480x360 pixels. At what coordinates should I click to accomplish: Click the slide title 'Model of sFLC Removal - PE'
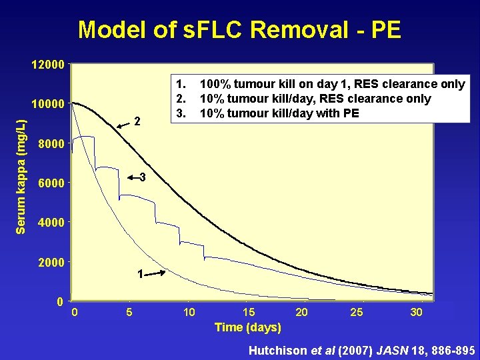point(239,30)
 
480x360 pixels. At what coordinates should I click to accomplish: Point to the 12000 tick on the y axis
point(48,65)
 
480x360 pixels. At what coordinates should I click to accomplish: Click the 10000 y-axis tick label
point(48,104)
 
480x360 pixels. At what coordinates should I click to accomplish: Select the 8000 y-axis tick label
point(51,144)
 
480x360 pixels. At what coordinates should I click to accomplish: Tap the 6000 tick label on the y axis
point(51,183)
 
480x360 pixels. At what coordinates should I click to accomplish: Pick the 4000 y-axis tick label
point(51,223)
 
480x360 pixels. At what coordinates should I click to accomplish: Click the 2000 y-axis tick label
point(51,262)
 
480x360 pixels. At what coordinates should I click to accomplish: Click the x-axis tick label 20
point(302,312)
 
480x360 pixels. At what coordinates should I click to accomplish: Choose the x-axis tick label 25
point(358,312)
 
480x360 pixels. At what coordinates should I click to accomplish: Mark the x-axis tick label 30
point(416,312)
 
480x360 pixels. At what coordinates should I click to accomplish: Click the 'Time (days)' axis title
point(247,327)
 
